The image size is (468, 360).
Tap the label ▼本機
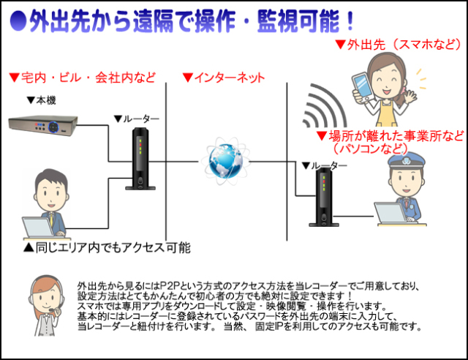(x=41, y=100)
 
